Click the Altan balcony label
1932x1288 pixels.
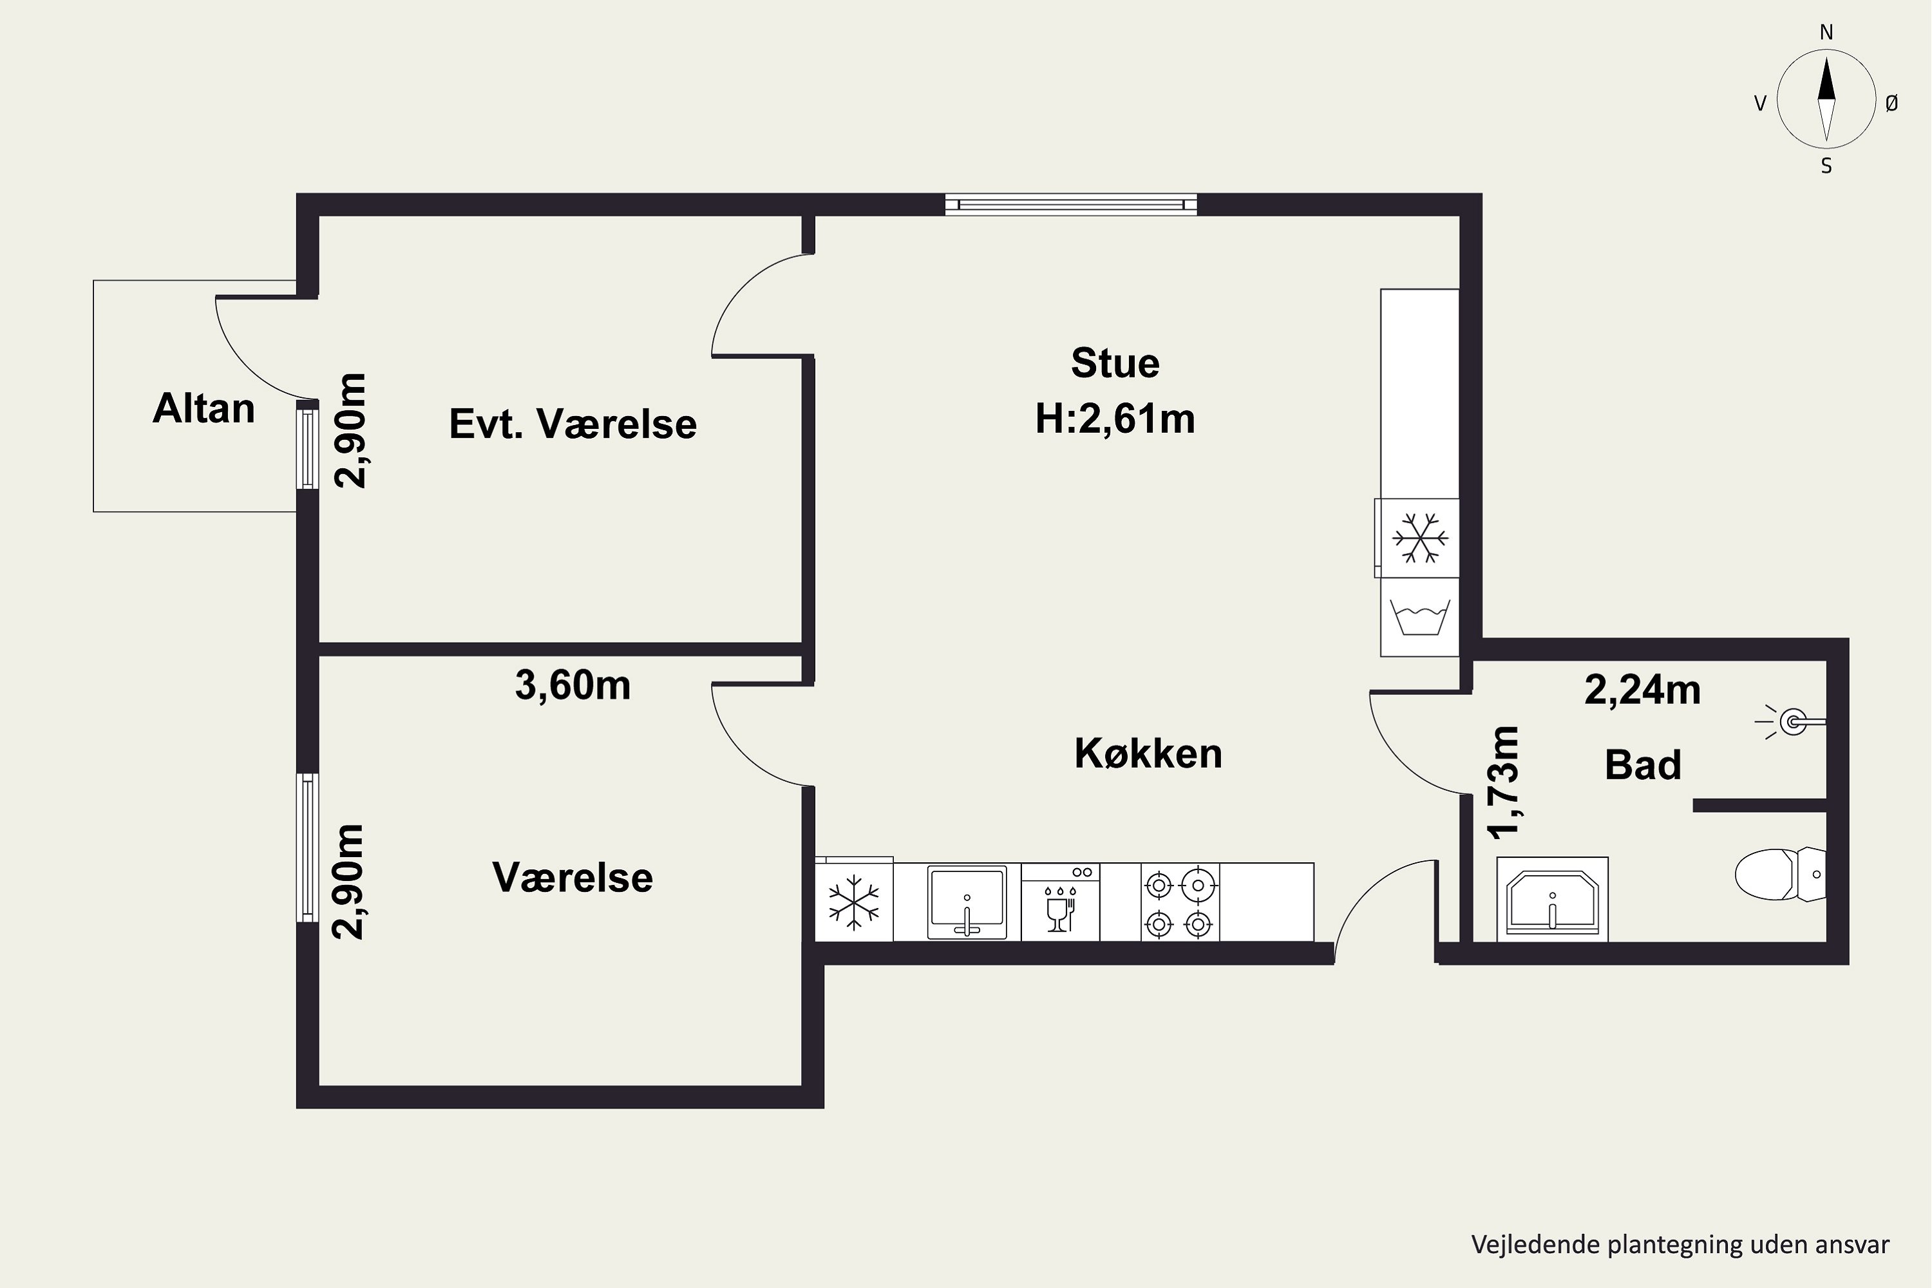(204, 408)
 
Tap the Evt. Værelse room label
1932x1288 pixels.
(573, 424)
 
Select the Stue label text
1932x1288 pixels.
(1115, 363)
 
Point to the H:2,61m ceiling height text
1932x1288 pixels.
(1115, 419)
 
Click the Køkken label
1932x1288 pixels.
(1148, 753)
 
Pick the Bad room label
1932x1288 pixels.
(1643, 765)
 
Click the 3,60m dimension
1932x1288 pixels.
(573, 685)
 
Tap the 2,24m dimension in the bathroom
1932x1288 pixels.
(1642, 690)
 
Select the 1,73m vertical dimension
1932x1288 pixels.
(1505, 782)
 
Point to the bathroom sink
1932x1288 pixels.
(1551, 900)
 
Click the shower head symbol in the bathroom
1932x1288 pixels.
(1792, 722)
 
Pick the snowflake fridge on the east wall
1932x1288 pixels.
(1419, 538)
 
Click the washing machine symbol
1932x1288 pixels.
(1419, 617)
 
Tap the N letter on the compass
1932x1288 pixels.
(1826, 33)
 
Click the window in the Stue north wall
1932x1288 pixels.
(1070, 205)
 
